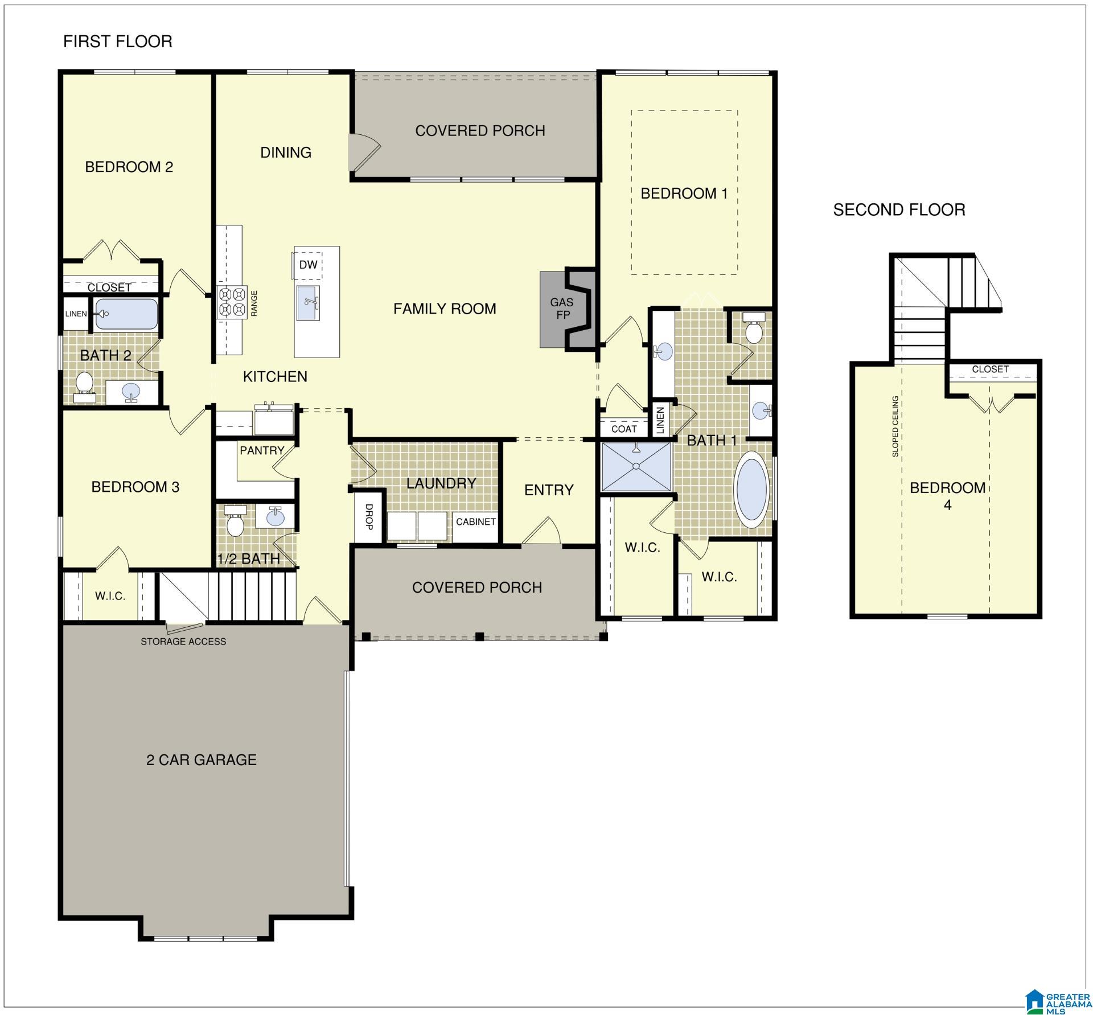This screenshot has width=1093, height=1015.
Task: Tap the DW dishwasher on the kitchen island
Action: (308, 265)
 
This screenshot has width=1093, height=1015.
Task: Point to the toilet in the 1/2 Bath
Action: (235, 521)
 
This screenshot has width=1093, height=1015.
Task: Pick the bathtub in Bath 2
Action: (126, 314)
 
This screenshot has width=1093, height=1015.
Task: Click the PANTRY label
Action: (262, 450)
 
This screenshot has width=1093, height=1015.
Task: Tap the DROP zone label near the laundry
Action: (369, 517)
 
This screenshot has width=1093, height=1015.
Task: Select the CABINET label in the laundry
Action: (476, 521)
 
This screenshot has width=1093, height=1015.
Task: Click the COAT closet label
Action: (624, 429)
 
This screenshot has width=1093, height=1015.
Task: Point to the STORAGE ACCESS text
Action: (183, 642)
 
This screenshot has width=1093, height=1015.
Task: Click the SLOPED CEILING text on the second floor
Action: (895, 426)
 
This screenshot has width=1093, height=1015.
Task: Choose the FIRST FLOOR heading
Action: (117, 42)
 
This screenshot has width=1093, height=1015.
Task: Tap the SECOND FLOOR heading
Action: (899, 210)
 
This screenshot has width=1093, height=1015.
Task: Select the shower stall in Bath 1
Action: (636, 466)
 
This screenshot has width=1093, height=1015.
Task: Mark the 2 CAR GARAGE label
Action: (202, 760)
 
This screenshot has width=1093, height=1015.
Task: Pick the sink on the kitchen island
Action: (308, 303)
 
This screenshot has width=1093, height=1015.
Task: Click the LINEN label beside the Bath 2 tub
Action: (76, 314)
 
